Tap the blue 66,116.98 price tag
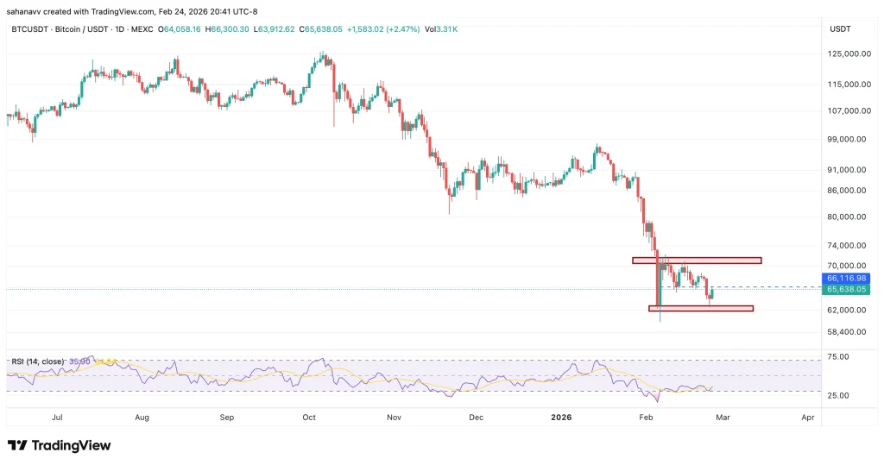(846, 279)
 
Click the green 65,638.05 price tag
(846, 291)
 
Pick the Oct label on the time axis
(309, 418)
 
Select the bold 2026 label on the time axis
(561, 418)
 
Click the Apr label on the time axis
(808, 418)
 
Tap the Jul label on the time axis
(58, 418)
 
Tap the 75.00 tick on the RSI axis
(838, 356)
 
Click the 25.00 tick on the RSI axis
(838, 395)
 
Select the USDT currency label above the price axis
(840, 28)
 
